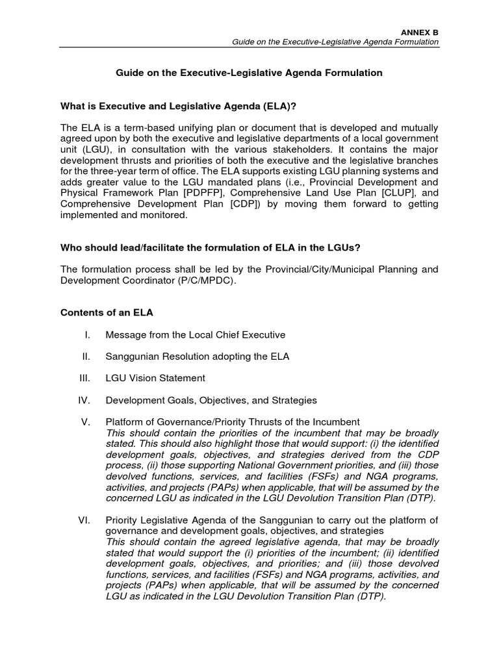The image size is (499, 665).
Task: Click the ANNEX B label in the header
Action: (x=421, y=30)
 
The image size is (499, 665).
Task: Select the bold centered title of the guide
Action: (x=249, y=73)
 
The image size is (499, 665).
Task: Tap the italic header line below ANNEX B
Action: (x=336, y=42)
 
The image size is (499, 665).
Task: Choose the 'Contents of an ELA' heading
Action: (x=107, y=312)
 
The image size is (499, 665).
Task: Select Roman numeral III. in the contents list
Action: (x=84, y=378)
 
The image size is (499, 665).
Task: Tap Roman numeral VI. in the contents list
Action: (x=84, y=520)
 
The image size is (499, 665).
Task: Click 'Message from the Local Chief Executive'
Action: (x=195, y=335)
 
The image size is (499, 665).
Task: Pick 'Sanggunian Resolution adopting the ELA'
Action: (x=197, y=357)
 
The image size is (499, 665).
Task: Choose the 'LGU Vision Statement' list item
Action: (x=155, y=378)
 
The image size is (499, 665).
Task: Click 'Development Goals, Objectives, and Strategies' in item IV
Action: (x=211, y=400)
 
